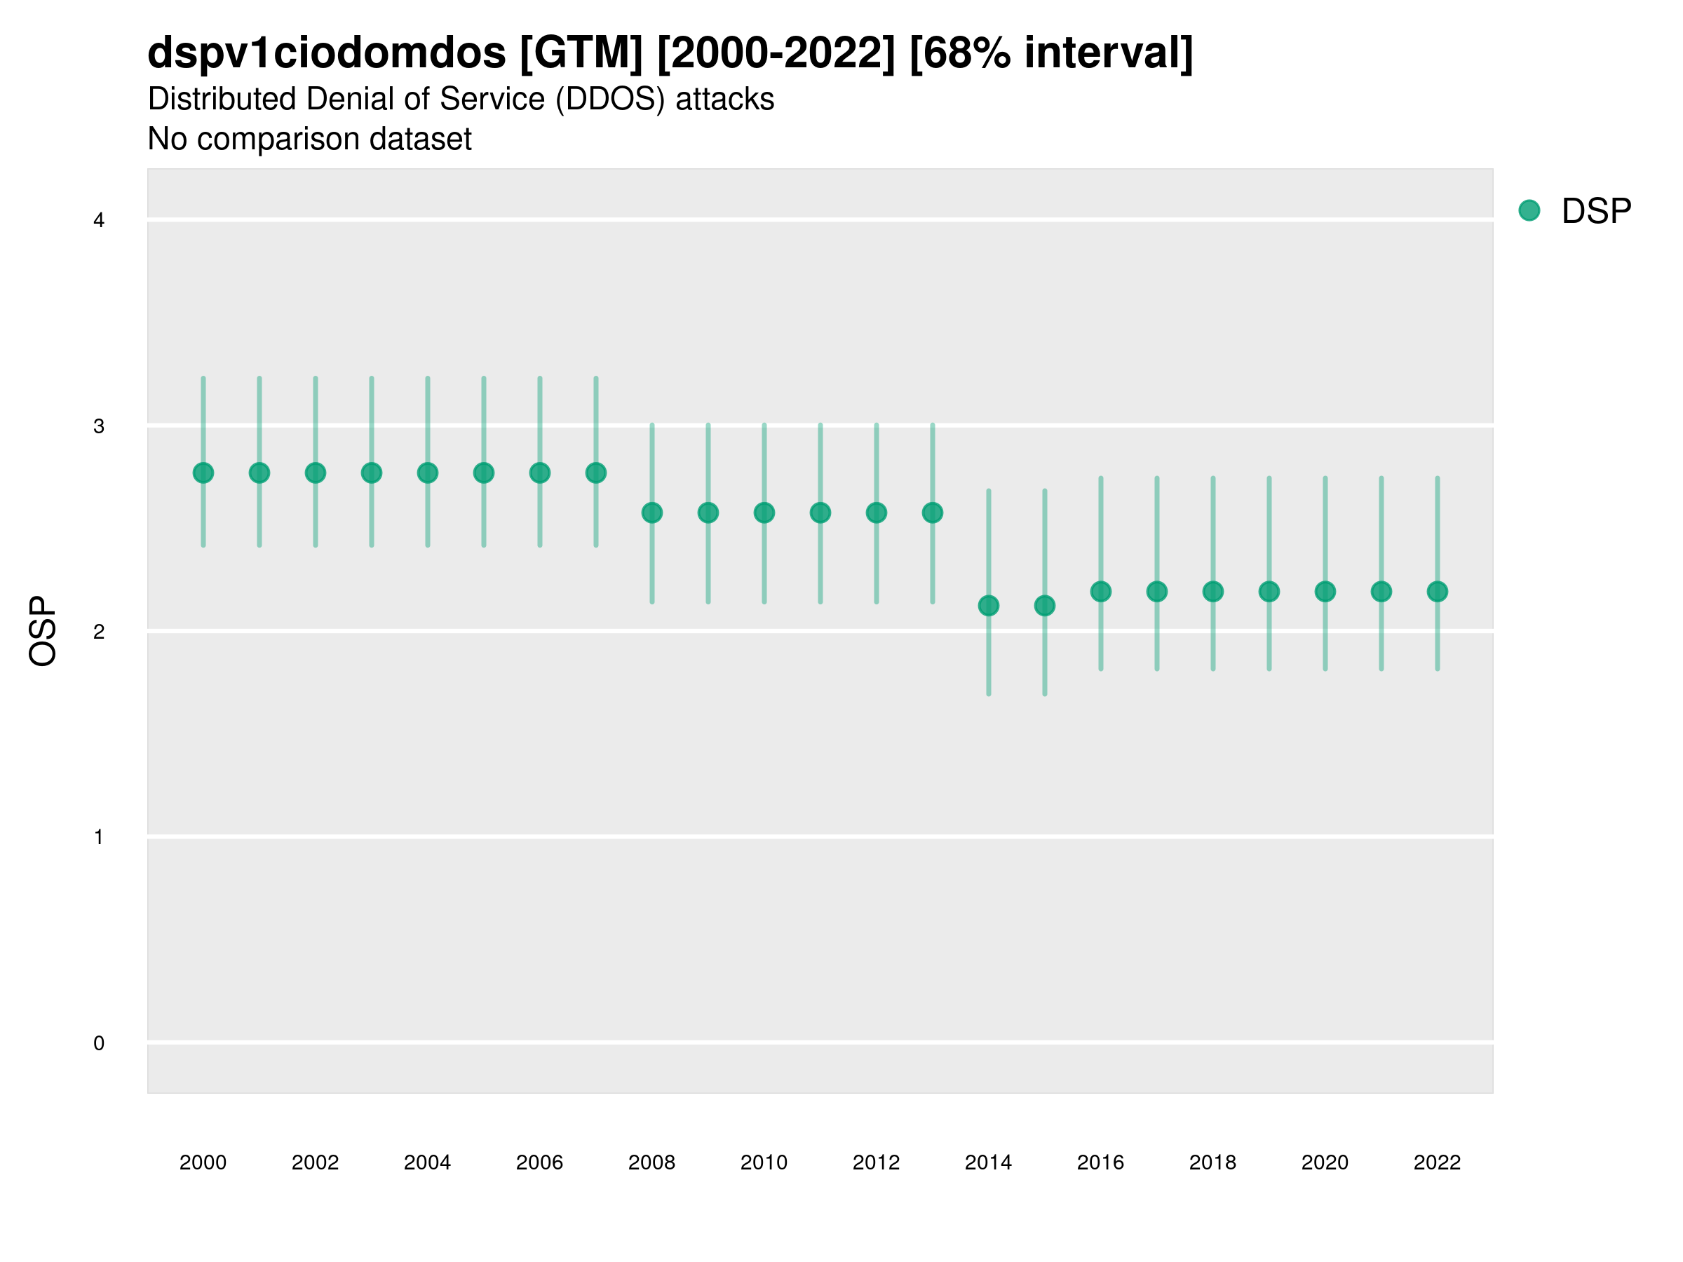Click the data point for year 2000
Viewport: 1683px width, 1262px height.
203,473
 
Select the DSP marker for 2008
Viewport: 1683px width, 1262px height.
652,513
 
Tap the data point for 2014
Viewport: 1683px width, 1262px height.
988,606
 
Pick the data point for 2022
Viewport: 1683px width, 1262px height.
1438,591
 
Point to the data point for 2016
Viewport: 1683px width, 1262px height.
1101,591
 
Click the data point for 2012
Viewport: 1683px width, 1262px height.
877,513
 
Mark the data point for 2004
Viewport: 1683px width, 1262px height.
428,473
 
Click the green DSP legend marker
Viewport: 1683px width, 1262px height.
1529,211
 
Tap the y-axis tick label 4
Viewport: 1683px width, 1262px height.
99,221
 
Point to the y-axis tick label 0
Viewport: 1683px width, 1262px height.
99,1043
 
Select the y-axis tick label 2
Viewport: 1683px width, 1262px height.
99,632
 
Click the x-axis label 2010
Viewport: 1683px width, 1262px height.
764,1162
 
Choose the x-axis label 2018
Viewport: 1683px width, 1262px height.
1212,1162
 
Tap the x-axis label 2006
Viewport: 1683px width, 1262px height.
539,1162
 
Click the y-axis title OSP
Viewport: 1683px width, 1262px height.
43,632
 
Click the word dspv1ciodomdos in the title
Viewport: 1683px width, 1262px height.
326,53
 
